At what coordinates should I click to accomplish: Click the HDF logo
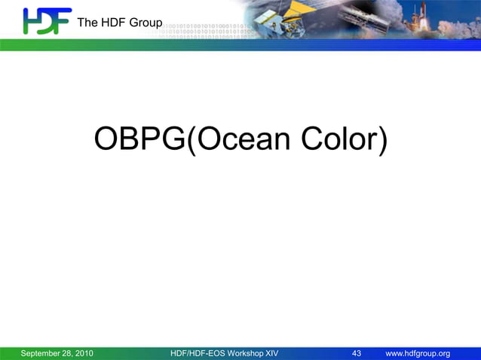point(47,21)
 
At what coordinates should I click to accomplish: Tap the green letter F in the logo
point(63,20)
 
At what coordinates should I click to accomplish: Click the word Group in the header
point(145,23)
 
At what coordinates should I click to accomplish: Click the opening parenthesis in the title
point(191,141)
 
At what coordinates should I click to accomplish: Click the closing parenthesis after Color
point(382,141)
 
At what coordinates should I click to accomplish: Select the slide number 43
point(357,354)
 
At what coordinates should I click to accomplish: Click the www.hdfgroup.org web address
point(418,354)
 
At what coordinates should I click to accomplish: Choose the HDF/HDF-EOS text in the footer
point(195,354)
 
